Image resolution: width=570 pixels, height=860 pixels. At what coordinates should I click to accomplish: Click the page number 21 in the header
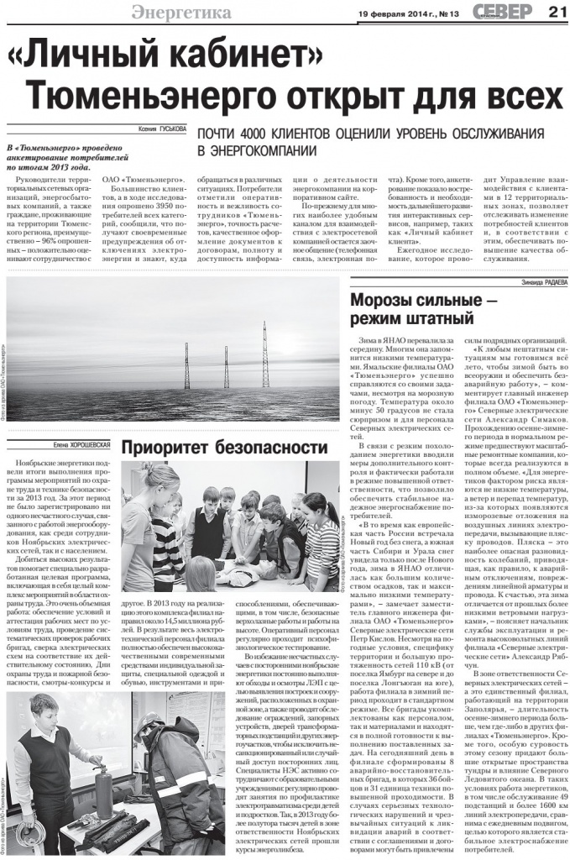coord(557,11)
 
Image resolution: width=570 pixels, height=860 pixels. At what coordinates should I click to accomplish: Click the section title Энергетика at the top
coord(180,12)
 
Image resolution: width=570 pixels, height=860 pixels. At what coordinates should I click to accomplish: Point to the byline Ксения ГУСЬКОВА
coord(163,129)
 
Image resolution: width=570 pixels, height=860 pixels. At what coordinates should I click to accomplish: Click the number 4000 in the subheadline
coord(251,135)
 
